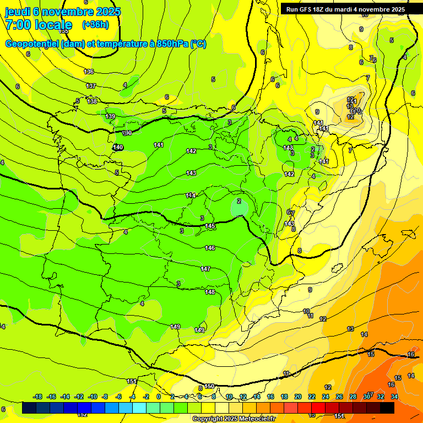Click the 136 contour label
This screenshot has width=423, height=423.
click(89, 72)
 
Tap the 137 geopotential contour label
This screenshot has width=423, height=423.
click(91, 86)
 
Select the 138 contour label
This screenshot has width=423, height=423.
click(93, 101)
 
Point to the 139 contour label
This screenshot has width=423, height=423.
click(111, 116)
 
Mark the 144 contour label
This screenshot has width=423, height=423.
click(191, 196)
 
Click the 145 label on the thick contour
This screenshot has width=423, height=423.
click(210, 226)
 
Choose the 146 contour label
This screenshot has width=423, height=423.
click(210, 248)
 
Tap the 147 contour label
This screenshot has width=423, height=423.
click(205, 269)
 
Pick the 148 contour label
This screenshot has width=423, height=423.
click(210, 292)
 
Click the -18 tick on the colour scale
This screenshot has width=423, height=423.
click(38, 397)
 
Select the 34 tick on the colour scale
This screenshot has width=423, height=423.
click(394, 397)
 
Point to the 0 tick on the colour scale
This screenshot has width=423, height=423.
click(159, 397)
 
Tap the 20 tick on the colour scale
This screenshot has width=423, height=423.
click(298, 397)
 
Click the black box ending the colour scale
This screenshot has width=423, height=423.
click(387, 408)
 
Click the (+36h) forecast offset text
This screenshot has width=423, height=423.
click(95, 24)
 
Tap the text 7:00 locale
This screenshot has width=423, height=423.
click(39, 25)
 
